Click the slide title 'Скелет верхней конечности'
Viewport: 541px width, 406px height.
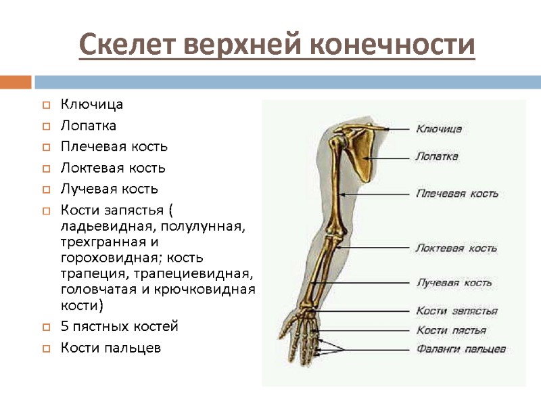tap(277, 46)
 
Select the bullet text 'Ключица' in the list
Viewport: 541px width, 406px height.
tap(92, 105)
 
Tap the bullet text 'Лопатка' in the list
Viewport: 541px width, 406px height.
tap(89, 126)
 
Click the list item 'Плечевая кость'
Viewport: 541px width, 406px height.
tap(114, 147)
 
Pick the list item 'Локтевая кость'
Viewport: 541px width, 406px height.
tap(113, 168)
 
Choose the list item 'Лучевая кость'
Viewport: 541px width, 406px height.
tap(109, 189)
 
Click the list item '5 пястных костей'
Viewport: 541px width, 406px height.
tap(119, 327)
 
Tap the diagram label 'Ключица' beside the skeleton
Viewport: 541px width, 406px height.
tap(439, 129)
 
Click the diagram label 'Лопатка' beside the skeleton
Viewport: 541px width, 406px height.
tap(436, 156)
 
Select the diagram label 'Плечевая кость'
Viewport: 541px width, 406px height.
tap(456, 194)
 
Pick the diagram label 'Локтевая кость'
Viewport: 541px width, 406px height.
tap(456, 248)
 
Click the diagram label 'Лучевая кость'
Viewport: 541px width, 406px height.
tap(453, 283)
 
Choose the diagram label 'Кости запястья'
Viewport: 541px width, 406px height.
tap(456, 311)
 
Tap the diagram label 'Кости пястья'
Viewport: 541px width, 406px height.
tap(450, 330)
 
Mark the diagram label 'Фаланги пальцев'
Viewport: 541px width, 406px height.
tap(460, 350)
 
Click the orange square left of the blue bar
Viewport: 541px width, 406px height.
tap(16, 83)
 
